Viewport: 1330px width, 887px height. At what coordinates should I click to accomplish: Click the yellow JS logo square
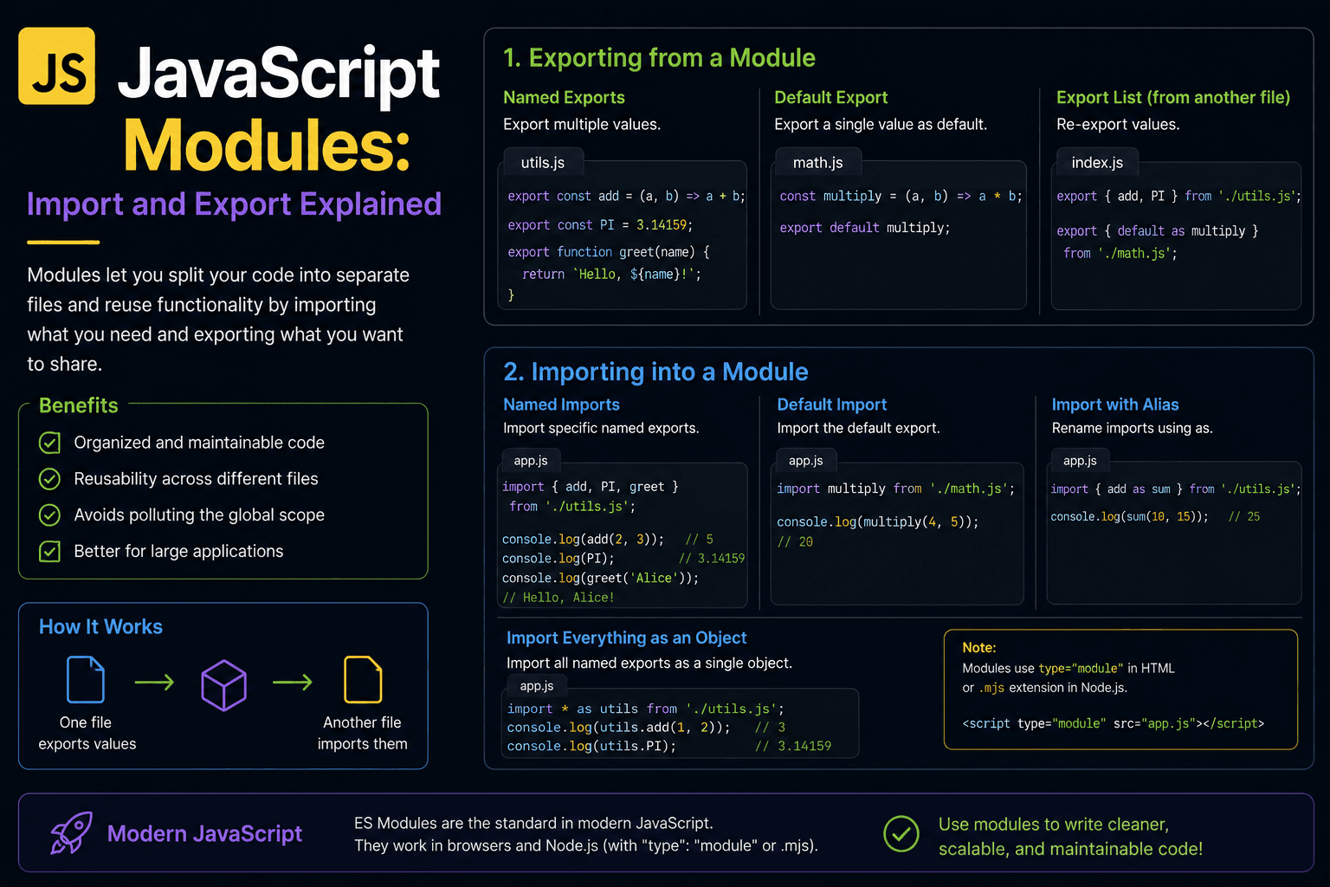[56, 66]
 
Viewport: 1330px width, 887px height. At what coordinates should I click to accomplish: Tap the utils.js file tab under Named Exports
[543, 162]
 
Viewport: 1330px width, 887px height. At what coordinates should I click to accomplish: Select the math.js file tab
[817, 162]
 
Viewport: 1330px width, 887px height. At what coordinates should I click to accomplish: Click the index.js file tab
[1097, 162]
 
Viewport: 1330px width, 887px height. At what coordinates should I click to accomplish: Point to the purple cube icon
[224, 685]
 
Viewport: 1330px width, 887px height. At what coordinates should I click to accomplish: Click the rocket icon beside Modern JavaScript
[72, 833]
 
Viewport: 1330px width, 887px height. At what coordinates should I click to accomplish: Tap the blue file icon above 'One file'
[86, 680]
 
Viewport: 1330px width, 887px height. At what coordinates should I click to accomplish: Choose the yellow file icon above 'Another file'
[363, 680]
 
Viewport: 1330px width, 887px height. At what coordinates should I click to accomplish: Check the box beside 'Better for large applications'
[49, 551]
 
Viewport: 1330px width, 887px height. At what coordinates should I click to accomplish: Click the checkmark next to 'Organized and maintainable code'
[49, 443]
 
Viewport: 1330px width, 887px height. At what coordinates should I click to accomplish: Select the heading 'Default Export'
[830, 97]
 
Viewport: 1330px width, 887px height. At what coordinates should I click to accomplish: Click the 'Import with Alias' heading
[1115, 405]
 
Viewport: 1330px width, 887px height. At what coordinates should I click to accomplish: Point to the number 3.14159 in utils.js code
[662, 225]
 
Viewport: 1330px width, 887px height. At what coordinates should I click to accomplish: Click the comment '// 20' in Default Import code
[795, 542]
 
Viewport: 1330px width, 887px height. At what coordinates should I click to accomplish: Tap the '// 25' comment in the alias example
[1244, 516]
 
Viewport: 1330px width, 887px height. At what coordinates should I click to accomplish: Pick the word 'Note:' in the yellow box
[979, 648]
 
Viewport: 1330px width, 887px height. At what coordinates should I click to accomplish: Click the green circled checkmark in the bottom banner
[901, 833]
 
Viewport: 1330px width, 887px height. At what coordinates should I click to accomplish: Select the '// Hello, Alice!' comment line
[558, 598]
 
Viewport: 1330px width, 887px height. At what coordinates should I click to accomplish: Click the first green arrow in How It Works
[154, 682]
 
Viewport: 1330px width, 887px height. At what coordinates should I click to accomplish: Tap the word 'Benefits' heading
[79, 405]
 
